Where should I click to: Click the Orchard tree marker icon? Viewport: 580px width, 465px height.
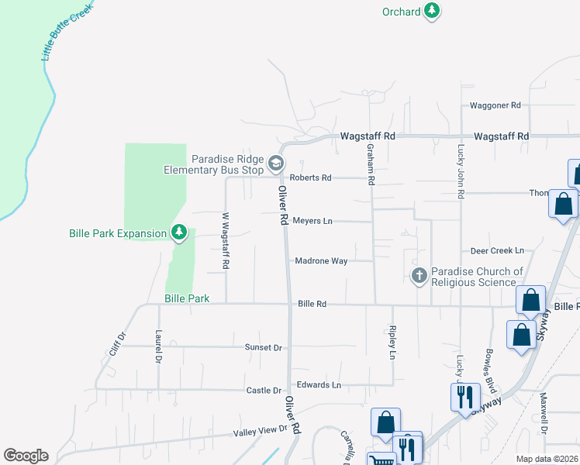point(432,12)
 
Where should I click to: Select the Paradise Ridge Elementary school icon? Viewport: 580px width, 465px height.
point(276,164)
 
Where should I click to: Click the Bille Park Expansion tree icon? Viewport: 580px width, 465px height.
point(179,232)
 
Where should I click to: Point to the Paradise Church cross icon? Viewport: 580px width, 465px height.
point(419,276)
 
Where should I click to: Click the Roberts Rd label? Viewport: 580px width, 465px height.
point(310,177)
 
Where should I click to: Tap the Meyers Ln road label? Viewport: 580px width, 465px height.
point(312,221)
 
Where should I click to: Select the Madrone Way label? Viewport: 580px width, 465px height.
point(321,261)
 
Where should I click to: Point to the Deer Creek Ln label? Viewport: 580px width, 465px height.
point(498,251)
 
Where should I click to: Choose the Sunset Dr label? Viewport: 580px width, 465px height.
point(264,348)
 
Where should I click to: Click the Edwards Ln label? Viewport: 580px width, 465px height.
point(319,384)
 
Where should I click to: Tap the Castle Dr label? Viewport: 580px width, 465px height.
point(264,391)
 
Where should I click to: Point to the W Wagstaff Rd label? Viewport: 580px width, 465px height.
point(226,241)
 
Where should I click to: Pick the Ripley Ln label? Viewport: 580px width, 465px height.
point(392,343)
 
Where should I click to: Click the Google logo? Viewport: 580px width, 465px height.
point(26,456)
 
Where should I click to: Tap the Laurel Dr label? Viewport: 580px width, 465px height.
point(158,347)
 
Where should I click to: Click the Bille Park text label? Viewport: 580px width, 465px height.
point(188,298)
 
